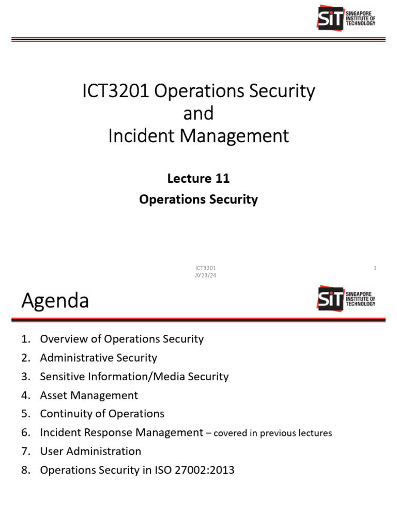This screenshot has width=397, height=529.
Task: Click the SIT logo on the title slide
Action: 346,18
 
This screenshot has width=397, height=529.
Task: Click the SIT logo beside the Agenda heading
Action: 346,298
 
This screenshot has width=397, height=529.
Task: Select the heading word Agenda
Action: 55,300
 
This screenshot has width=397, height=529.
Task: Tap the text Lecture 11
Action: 198,179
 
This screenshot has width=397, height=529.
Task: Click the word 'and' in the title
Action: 198,114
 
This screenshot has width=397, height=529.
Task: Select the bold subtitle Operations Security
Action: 198,199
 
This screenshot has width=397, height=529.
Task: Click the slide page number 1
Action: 375,268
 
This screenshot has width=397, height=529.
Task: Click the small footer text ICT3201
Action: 205,268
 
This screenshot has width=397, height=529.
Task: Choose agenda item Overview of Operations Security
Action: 122,339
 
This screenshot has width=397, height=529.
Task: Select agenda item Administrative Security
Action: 99,358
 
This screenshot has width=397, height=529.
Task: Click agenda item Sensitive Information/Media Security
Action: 134,377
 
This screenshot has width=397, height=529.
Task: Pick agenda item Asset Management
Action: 89,396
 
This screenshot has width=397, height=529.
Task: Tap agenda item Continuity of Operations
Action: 102,414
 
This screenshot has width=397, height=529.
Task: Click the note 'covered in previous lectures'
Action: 272,433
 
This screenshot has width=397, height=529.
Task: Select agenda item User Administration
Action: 90,452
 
